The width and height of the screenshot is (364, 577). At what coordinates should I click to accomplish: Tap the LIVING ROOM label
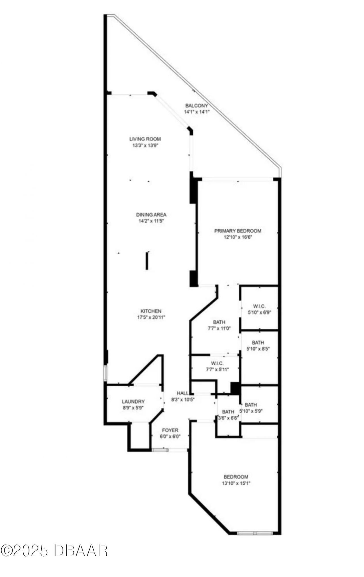pos(145,139)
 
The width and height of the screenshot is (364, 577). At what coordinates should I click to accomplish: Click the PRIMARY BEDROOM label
pos(238,231)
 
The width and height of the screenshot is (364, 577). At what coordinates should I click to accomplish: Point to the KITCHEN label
pos(151,311)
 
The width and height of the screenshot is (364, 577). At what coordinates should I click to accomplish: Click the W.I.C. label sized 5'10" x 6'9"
pos(259,306)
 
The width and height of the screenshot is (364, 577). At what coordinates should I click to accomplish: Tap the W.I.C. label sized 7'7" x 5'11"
pos(217,363)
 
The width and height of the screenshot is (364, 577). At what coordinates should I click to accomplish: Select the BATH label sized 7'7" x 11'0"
pos(219,322)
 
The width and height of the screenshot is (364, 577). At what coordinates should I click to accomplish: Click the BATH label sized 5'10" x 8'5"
pos(258,342)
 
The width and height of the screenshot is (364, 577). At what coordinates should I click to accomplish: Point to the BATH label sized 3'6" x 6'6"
pos(228,412)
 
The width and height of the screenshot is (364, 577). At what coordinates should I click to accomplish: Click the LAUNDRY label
pos(133,401)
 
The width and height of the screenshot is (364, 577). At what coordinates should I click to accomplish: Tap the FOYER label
pos(170,430)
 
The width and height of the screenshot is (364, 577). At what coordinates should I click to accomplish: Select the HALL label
pos(182,393)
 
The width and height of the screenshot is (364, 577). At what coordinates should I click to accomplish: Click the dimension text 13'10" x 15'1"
pos(236,483)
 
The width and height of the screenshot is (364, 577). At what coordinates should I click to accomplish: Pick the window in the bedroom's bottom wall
pos(255,533)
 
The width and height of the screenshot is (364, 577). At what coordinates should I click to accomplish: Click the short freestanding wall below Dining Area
pos(147,260)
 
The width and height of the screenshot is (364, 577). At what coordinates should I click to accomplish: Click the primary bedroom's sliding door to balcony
pos(237,179)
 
